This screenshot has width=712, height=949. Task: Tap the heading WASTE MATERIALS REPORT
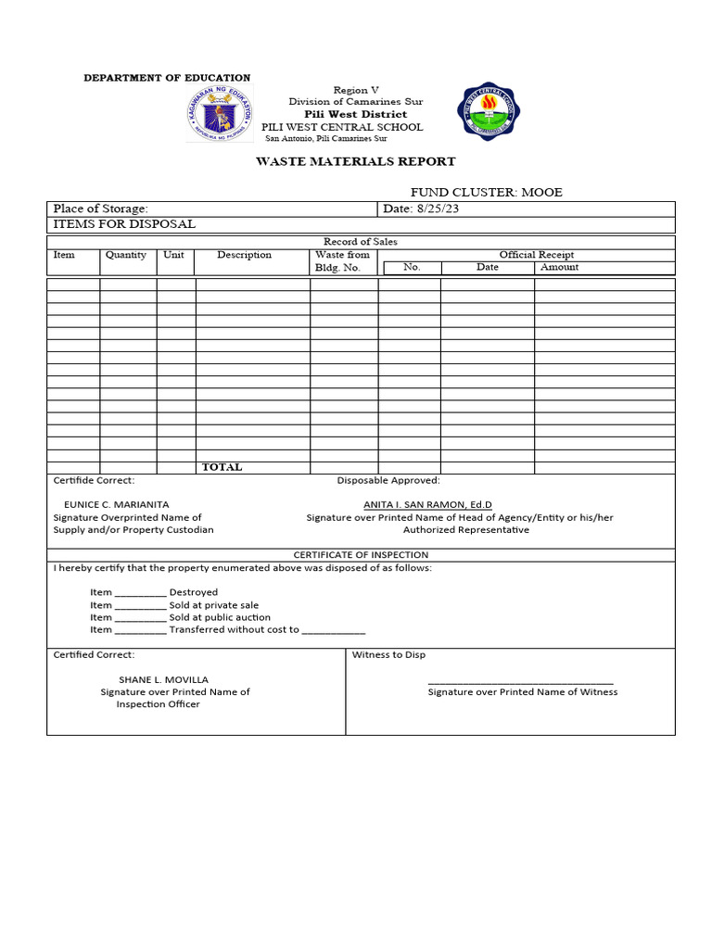point(356,161)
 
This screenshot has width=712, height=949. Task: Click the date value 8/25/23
point(438,209)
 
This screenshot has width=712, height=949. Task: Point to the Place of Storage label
point(100,209)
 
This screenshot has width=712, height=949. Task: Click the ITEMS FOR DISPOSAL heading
point(124,224)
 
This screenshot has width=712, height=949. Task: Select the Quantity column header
point(126,255)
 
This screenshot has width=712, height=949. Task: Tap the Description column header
point(244,255)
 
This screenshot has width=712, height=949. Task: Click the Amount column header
point(559,267)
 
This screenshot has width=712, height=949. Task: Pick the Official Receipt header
point(536,255)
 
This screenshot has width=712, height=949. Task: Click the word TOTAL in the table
point(222,467)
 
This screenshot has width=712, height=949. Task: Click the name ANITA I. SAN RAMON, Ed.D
point(427,504)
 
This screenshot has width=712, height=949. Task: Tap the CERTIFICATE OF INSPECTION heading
point(361,554)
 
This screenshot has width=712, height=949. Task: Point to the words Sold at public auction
point(220,617)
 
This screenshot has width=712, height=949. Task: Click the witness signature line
point(520,682)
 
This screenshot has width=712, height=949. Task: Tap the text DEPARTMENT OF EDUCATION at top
point(167,78)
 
